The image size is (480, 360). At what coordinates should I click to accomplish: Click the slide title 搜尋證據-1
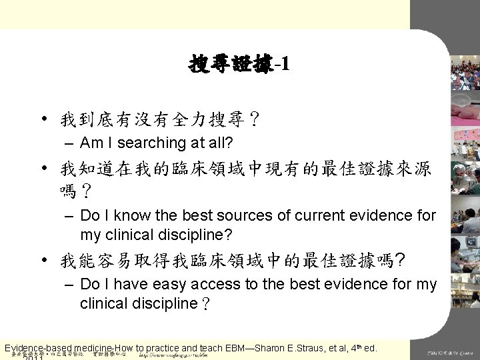pos(239,64)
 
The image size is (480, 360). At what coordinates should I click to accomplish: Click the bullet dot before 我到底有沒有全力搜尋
pos(62,119)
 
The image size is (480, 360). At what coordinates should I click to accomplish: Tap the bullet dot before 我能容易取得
pos(62,259)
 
